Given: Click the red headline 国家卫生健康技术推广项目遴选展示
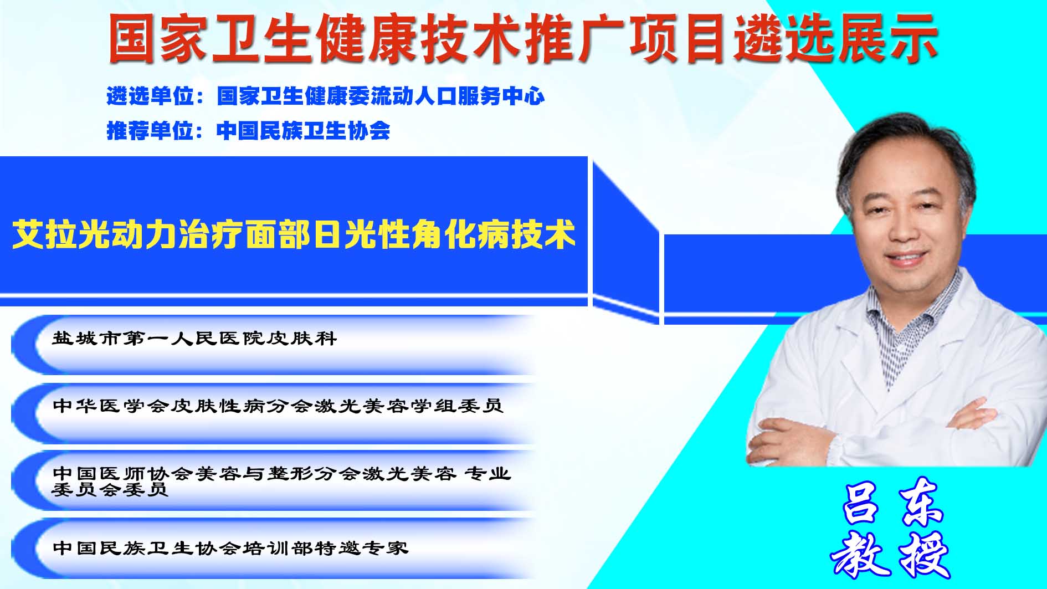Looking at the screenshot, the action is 523,38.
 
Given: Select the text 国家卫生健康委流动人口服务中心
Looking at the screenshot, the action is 381,96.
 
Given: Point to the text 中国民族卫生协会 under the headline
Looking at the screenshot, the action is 304,131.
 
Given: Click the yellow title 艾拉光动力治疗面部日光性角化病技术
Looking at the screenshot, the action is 294,235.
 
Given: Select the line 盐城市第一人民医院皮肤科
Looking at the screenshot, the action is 194,339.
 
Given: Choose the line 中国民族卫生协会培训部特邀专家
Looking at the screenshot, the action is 230,548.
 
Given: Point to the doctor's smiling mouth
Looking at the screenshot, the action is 907,258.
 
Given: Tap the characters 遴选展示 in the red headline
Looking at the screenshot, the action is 836,38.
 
